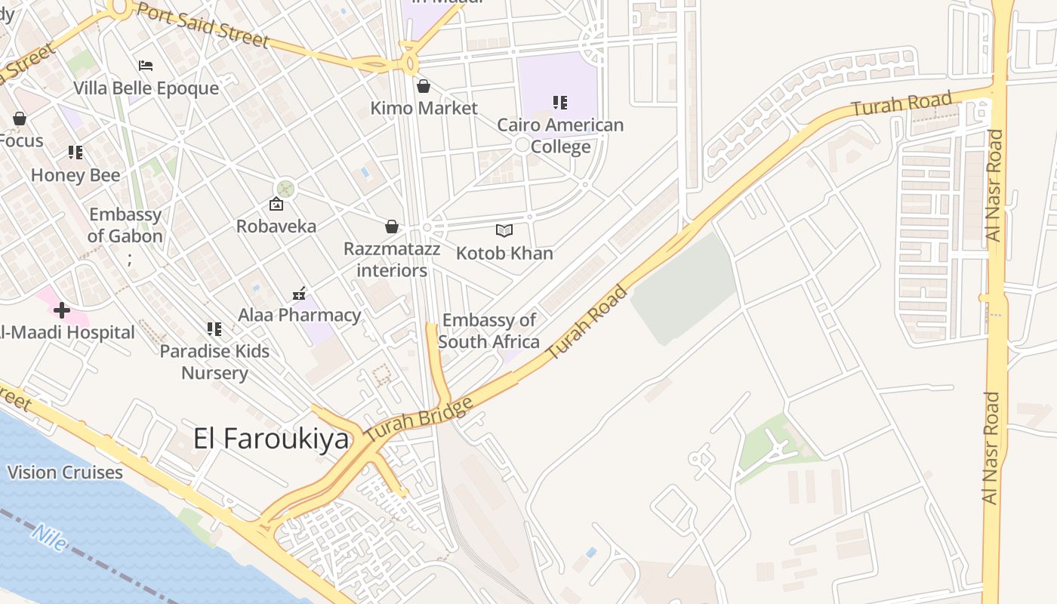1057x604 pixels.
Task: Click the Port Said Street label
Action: (202, 25)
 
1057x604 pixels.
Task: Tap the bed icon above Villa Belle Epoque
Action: (146, 66)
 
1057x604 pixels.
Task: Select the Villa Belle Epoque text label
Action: (146, 88)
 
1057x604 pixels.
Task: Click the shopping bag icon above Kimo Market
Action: (424, 86)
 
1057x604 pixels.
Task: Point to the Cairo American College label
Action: (560, 135)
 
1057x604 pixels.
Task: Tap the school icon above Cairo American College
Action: (559, 102)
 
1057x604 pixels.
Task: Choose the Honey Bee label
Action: (75, 176)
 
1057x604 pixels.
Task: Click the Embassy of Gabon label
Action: (125, 226)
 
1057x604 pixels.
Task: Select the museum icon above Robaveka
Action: (276, 204)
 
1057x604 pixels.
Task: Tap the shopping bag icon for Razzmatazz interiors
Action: (392, 226)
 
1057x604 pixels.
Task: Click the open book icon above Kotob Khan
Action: (504, 230)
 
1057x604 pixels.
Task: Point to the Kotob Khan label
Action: (504, 253)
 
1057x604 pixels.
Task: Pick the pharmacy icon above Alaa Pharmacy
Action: (299, 293)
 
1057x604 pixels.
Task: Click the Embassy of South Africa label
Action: (488, 331)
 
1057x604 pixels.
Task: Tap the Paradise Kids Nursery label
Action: (214, 362)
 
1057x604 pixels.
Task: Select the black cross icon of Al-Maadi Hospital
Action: (62, 310)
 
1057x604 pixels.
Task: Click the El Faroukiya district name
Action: (271, 439)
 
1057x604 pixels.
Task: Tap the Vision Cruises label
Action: (65, 473)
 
